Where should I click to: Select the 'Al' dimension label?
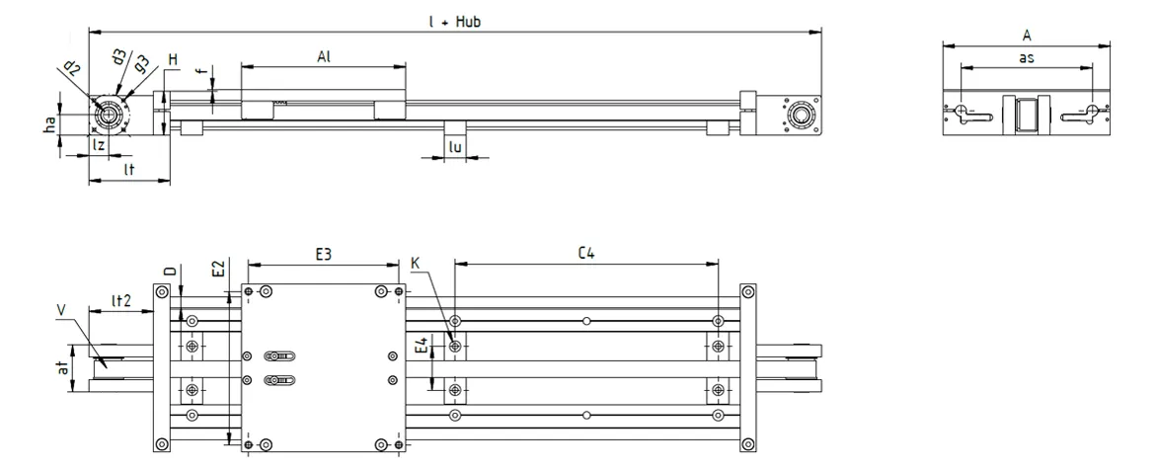pyautogui.click(x=323, y=56)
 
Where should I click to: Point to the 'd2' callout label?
pyautogui.click(x=71, y=67)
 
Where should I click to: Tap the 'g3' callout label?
pyautogui.click(x=142, y=64)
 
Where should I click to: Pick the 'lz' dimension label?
pyautogui.click(x=99, y=145)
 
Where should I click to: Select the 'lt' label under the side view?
pyautogui.click(x=128, y=170)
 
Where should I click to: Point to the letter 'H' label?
pyautogui.click(x=172, y=61)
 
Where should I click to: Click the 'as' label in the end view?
pyautogui.click(x=1026, y=58)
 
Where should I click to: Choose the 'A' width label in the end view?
pyautogui.click(x=1028, y=35)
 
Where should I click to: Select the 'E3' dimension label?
pyautogui.click(x=323, y=255)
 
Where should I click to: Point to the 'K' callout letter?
pyautogui.click(x=416, y=263)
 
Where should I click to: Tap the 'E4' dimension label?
pyautogui.click(x=422, y=348)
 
